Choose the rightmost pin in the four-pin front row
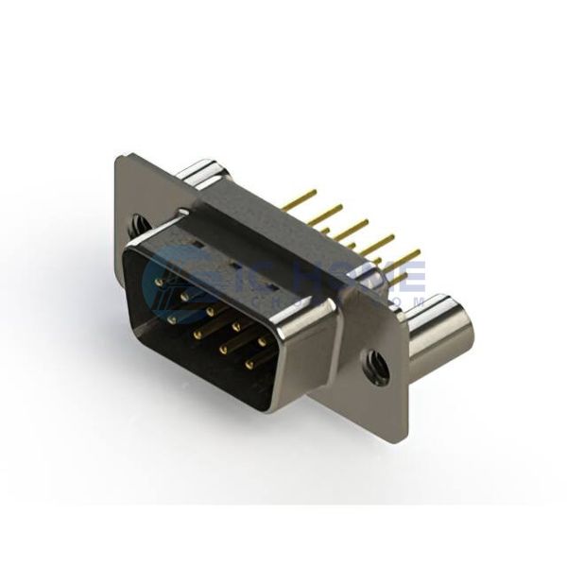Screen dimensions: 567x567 tap(249, 363)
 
